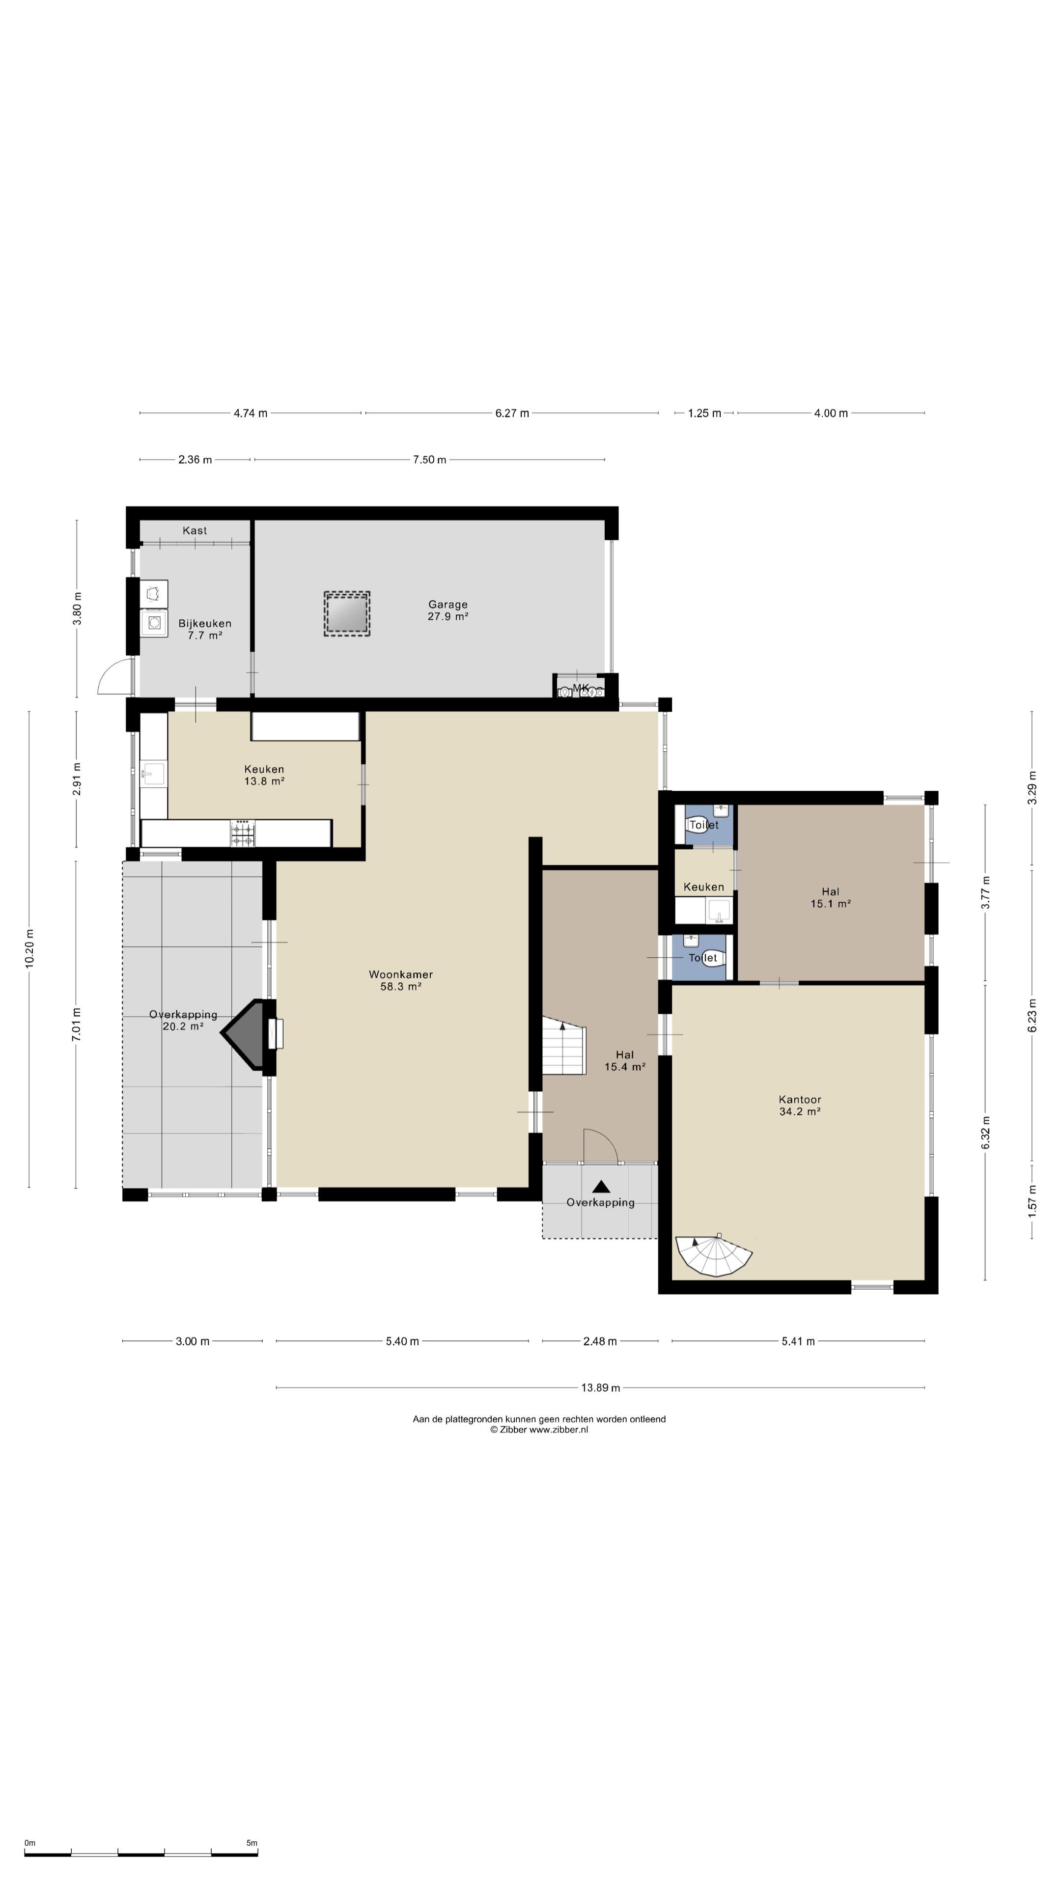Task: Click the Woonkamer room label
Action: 400,980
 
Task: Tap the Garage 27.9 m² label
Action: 447,610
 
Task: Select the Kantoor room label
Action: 800,1105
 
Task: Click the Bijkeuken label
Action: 204,629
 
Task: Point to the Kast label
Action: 195,530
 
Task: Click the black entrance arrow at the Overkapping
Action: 601,1186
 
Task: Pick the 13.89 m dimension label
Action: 600,1387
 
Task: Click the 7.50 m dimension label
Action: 429,460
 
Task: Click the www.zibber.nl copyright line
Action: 539,1429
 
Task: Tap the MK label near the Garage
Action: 581,688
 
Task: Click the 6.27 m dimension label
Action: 512,413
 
